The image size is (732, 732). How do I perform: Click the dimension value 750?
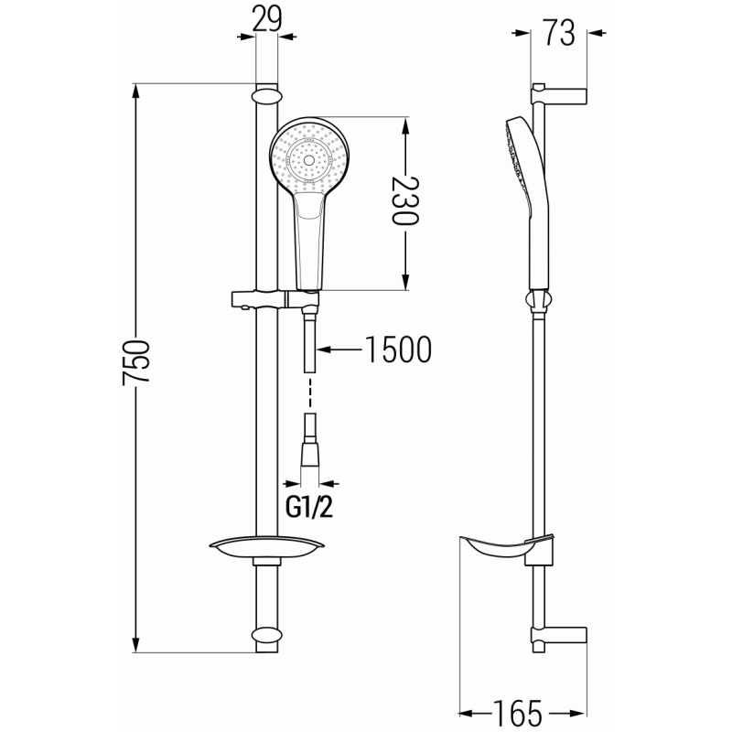pyautogui.click(x=138, y=367)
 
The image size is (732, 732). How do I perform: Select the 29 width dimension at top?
pyautogui.click(x=266, y=18)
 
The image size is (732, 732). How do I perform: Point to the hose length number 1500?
pyautogui.click(x=396, y=350)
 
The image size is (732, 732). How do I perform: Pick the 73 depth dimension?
pyautogui.click(x=558, y=33)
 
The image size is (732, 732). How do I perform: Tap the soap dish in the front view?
pyautogui.click(x=266, y=548)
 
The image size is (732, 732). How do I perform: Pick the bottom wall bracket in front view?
pyautogui.click(x=266, y=635)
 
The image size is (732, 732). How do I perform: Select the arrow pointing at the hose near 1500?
pyautogui.click(x=338, y=350)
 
